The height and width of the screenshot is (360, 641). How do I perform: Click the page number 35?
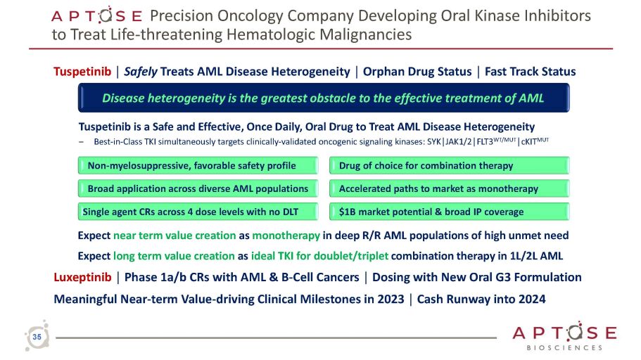37,338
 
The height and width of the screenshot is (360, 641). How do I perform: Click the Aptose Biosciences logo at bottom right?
565,337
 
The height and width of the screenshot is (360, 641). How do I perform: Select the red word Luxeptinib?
81,277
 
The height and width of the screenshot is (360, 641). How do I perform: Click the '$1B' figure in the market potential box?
348,212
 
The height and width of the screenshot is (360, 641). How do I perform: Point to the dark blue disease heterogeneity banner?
323,98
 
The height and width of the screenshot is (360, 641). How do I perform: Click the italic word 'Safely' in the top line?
141,71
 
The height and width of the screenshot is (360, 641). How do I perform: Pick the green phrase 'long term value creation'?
174,256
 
